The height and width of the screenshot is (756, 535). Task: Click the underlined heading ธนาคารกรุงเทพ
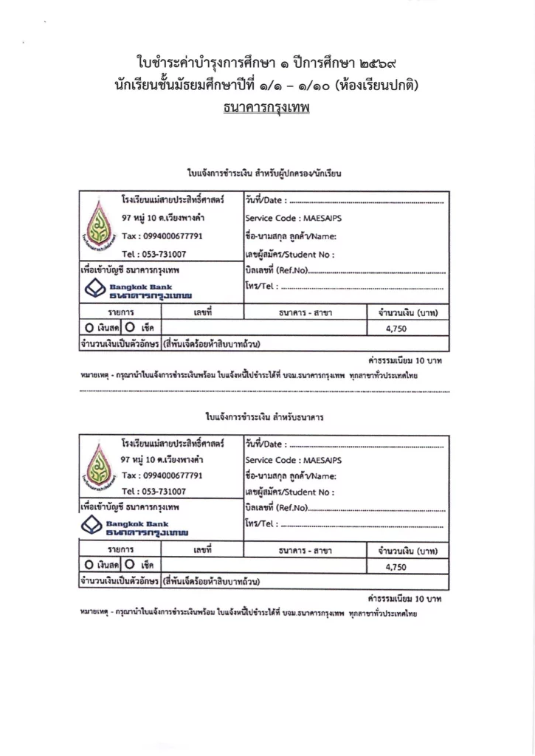pyautogui.click(x=266, y=108)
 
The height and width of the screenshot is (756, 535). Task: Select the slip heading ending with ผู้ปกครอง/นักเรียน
pyautogui.click(x=266, y=173)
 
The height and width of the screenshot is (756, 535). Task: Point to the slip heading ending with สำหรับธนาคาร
pyautogui.click(x=266, y=418)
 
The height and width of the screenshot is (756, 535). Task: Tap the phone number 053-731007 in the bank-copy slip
pyautogui.click(x=164, y=491)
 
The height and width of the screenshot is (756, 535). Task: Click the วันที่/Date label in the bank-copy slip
pyautogui.click(x=264, y=444)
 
